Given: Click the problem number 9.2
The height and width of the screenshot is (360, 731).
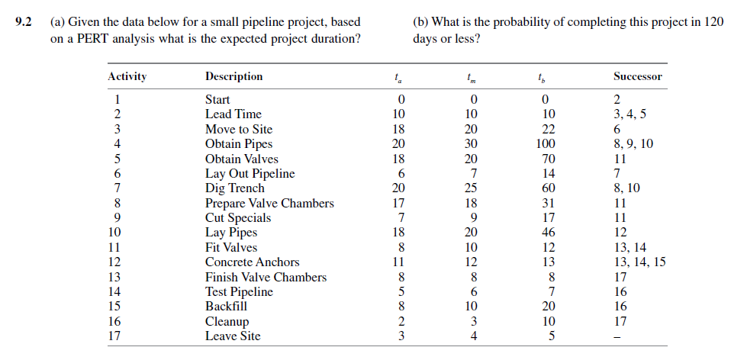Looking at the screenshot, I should [22, 22].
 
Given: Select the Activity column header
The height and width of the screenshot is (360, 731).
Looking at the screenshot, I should [127, 76].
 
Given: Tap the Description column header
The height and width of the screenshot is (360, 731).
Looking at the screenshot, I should [233, 76].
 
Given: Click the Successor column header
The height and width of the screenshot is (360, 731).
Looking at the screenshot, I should [637, 76].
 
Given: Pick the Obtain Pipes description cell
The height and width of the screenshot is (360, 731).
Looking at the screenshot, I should [239, 144].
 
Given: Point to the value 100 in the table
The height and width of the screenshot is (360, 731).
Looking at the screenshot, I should [543, 144].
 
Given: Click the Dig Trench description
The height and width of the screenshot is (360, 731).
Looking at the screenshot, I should [235, 188].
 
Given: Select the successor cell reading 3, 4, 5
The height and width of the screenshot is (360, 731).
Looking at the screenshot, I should [629, 114].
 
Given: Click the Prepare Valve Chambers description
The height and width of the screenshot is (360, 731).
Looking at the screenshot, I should [269, 204].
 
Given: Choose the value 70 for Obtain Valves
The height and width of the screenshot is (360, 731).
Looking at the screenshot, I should [543, 159].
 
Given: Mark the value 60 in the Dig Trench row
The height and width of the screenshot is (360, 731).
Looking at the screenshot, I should [543, 188].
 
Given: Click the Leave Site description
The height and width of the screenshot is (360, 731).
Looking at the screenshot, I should [233, 336].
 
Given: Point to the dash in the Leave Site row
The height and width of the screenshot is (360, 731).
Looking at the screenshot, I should [617, 337].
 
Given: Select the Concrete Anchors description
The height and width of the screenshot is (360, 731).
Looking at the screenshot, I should [253, 262].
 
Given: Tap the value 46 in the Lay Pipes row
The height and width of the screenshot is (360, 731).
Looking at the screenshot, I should [543, 233].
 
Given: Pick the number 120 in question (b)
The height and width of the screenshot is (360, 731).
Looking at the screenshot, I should [713, 22].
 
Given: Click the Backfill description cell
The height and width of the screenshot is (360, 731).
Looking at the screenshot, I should [227, 307].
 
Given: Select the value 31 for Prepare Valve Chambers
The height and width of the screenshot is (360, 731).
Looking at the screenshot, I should [543, 204].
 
